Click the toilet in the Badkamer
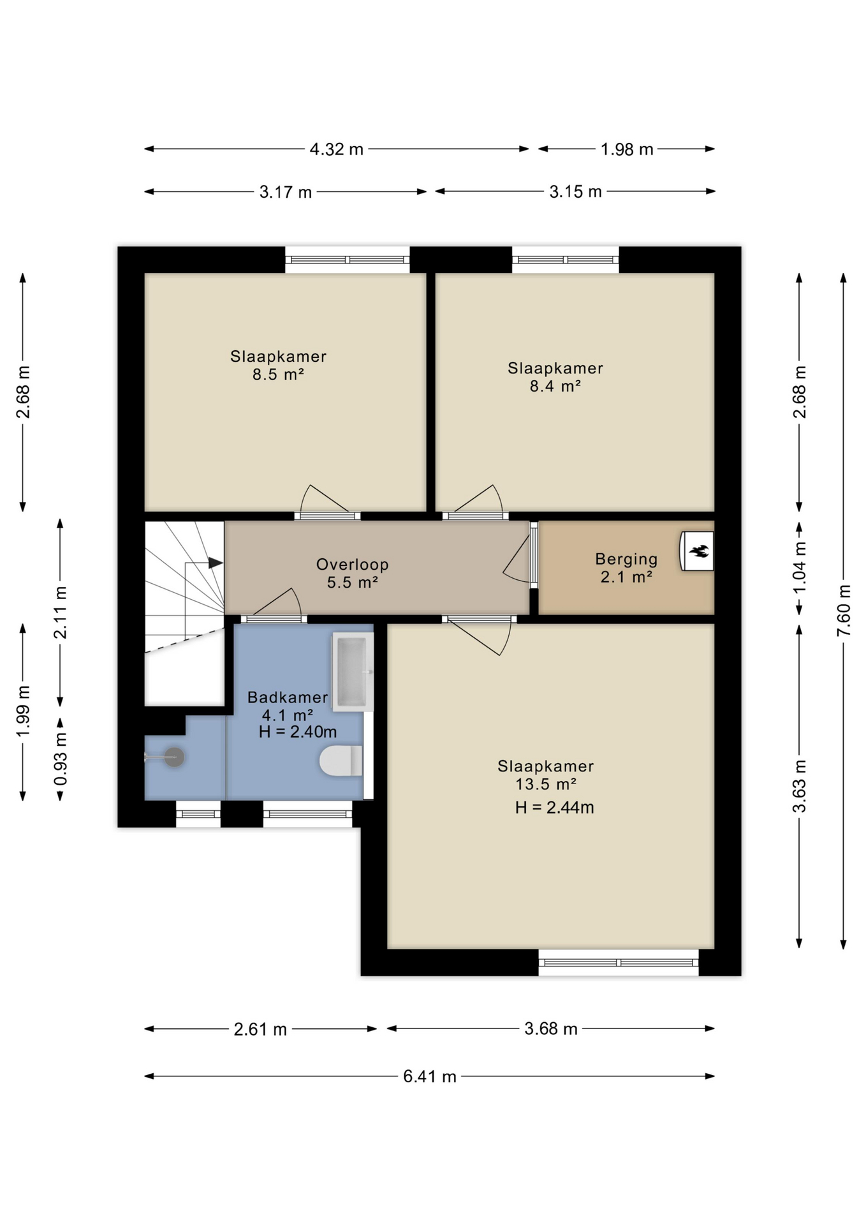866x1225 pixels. (x=341, y=761)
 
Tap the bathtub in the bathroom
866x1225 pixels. (x=352, y=672)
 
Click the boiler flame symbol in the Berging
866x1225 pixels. (x=698, y=551)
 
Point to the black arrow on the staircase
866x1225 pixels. (x=216, y=563)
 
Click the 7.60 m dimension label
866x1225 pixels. (x=843, y=611)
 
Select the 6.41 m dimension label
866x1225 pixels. (x=430, y=1076)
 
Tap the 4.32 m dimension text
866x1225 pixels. (x=337, y=149)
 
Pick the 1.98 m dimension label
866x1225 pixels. (x=627, y=149)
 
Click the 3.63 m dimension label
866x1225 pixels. (x=799, y=786)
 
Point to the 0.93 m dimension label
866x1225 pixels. (x=60, y=759)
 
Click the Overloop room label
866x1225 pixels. (x=353, y=565)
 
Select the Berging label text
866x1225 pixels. (x=626, y=560)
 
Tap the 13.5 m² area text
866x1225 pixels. (x=546, y=784)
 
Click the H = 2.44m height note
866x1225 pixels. (x=555, y=808)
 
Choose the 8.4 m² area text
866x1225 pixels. (x=555, y=386)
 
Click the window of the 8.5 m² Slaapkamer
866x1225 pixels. (x=347, y=260)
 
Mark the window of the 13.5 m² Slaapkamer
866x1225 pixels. (x=619, y=962)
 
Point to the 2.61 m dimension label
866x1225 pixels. (x=260, y=1029)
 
